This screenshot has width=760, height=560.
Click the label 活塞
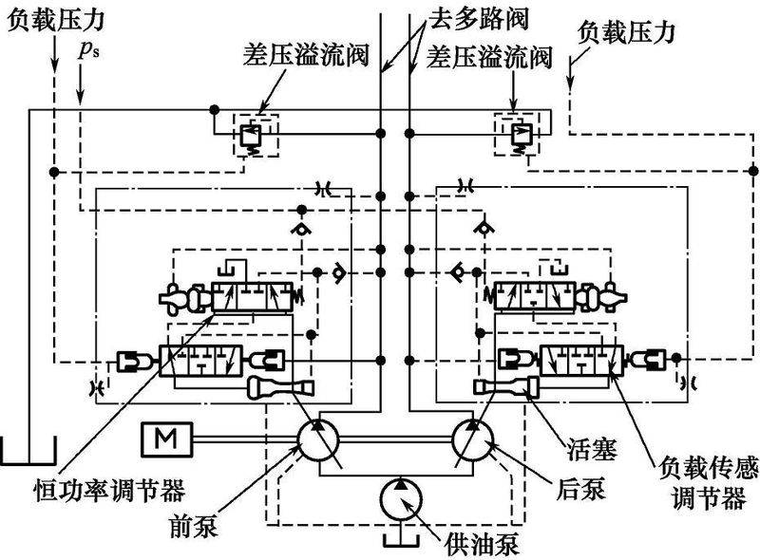click(x=588, y=450)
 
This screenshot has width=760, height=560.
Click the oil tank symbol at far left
click(x=28, y=451)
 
